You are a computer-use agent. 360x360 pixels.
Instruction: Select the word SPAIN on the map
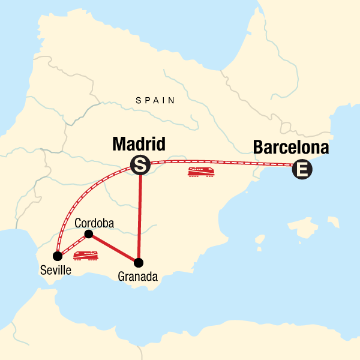(x=155, y=101)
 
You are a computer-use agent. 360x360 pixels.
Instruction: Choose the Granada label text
(x=139, y=277)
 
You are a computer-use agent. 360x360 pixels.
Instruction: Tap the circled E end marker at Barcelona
(x=302, y=170)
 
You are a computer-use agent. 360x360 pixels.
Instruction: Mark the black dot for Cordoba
(x=89, y=234)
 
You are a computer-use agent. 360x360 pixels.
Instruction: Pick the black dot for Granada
(x=139, y=262)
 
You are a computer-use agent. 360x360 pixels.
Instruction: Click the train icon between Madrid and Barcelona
(x=202, y=172)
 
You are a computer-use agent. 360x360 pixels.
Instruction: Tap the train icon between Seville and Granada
(x=86, y=256)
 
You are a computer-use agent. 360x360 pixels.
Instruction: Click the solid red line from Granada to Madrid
(x=139, y=216)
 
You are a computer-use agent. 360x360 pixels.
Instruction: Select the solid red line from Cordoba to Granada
(x=114, y=248)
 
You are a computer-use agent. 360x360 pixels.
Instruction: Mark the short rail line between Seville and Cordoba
(x=73, y=245)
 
